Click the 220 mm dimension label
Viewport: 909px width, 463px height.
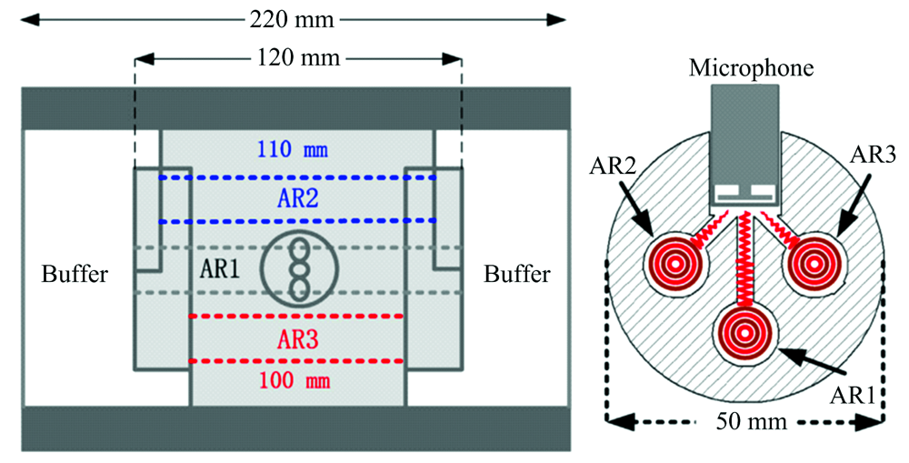click(x=292, y=20)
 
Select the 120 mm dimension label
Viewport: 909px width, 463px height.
click(x=298, y=58)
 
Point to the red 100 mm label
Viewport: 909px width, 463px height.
click(x=295, y=381)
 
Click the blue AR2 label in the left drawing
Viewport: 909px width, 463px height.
click(x=298, y=199)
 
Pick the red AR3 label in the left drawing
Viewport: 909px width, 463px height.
click(x=298, y=340)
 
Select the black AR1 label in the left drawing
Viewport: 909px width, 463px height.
click(x=220, y=269)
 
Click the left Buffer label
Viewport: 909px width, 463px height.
click(x=75, y=274)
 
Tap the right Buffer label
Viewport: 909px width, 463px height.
click(x=516, y=274)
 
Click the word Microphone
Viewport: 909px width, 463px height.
click(x=752, y=68)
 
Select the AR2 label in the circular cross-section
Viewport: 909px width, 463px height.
click(x=612, y=166)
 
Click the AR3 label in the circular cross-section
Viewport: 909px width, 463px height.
click(x=873, y=155)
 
